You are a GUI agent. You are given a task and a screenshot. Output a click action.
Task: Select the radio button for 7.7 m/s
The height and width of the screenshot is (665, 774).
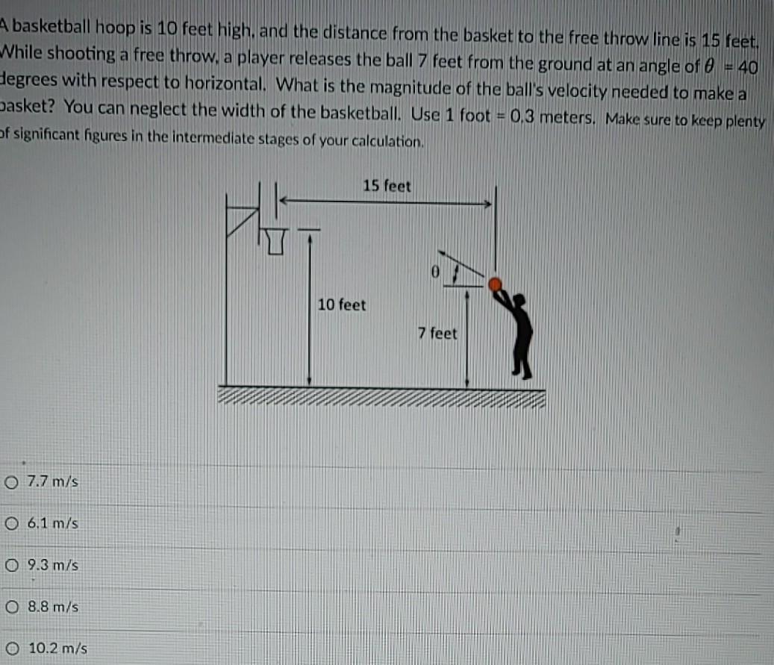click(11, 482)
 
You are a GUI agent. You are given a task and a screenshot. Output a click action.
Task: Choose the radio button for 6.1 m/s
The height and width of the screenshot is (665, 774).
click(12, 523)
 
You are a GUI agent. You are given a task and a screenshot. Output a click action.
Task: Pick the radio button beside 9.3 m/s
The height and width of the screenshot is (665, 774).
click(12, 565)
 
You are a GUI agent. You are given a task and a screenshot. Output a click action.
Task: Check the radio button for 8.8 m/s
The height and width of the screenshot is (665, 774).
click(13, 607)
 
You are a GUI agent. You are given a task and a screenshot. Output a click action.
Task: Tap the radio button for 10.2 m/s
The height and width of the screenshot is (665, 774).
click(13, 649)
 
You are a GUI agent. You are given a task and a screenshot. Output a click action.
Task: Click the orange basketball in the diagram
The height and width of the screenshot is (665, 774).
click(495, 284)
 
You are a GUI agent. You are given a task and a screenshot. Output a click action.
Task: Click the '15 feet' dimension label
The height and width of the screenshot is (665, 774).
click(387, 186)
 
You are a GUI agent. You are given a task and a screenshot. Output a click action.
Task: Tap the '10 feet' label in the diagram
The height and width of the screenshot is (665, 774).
click(342, 305)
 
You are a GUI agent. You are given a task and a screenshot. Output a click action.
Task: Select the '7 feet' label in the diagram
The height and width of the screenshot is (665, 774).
click(437, 333)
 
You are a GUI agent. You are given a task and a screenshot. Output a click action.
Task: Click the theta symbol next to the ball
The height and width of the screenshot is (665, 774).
click(435, 272)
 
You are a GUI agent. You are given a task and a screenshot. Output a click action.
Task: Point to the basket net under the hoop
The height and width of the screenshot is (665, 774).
click(276, 241)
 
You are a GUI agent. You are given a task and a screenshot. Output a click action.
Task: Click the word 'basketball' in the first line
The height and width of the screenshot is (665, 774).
click(52, 27)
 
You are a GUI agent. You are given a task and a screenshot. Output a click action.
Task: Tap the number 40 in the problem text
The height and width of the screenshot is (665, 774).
click(748, 66)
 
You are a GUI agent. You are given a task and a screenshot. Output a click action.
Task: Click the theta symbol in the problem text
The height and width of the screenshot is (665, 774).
click(709, 66)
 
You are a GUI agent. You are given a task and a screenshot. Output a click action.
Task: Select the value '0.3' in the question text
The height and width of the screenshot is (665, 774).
click(522, 116)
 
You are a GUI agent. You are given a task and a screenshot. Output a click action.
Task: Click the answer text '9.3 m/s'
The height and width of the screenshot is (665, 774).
click(53, 565)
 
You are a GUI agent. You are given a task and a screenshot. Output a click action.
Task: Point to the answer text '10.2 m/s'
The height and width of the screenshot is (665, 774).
click(57, 648)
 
